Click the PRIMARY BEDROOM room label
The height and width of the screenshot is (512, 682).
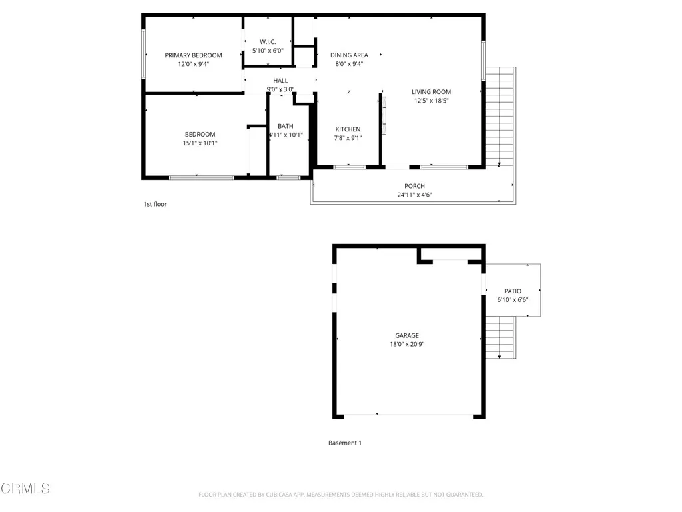tap(193, 55)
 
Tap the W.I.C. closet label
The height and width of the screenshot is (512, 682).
tap(268, 42)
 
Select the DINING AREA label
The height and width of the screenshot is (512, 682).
tap(349, 55)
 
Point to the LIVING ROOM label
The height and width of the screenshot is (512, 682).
tap(431, 92)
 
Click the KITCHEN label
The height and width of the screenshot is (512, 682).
tap(348, 129)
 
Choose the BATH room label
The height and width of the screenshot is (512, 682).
tap(285, 126)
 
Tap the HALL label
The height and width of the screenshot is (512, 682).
tap(280, 81)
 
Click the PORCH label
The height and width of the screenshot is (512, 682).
tap(414, 186)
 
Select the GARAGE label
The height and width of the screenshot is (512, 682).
tap(407, 335)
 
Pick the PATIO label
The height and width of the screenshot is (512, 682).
tap(512, 291)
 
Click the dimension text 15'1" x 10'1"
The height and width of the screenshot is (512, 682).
tap(200, 143)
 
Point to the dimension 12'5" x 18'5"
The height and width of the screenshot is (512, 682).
tap(431, 101)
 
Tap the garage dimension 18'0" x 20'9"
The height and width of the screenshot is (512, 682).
tap(407, 345)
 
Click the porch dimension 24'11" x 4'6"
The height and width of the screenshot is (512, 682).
tap(414, 195)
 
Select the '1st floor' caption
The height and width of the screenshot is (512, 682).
tap(155, 204)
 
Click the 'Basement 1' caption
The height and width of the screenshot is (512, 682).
tap(345, 443)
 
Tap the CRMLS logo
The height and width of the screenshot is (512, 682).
tap(25, 489)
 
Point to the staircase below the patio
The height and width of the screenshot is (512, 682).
tap(501, 337)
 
